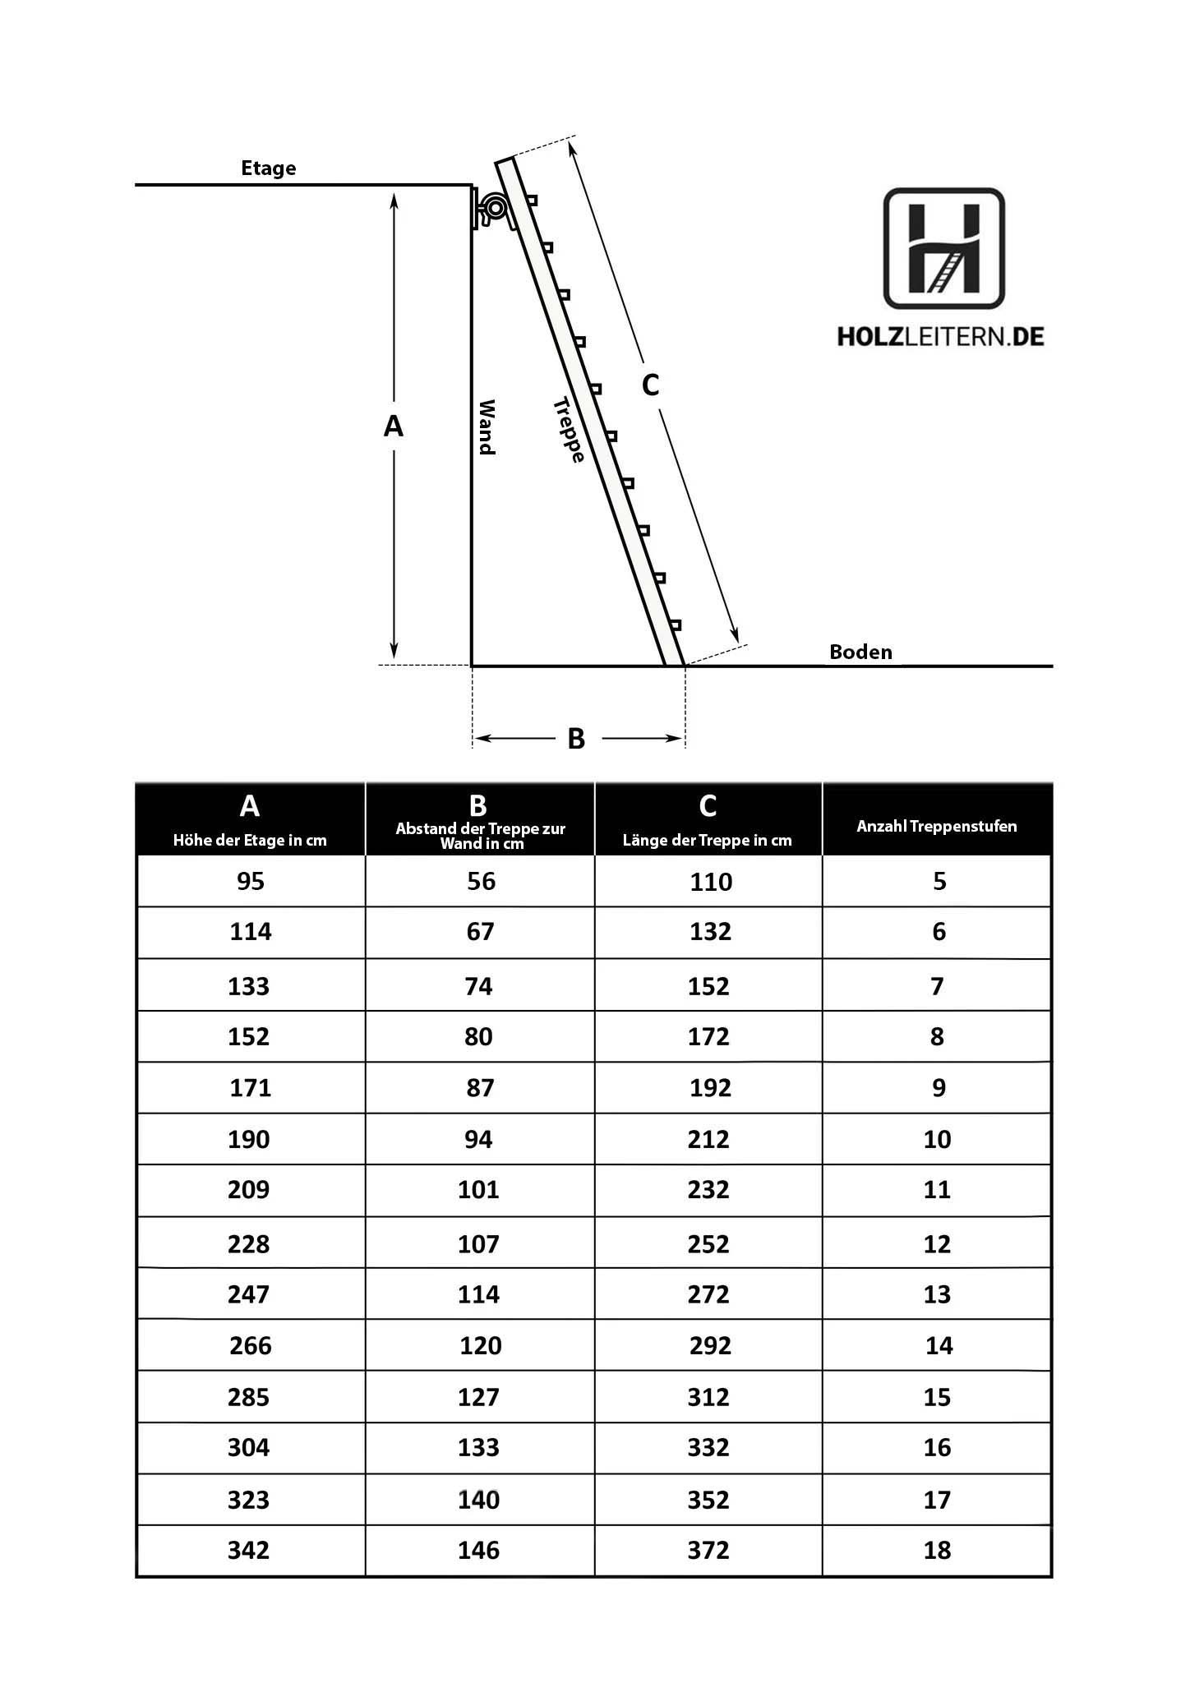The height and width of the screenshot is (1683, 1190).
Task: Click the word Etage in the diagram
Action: [x=268, y=168]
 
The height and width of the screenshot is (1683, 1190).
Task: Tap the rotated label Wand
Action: [x=487, y=427]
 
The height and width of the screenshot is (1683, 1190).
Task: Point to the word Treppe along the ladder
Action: [x=569, y=430]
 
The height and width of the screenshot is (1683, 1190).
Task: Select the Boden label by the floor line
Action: [x=860, y=652]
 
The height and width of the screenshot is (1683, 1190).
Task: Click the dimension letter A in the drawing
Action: [x=394, y=427]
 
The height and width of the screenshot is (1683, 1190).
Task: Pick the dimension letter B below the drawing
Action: [x=576, y=739]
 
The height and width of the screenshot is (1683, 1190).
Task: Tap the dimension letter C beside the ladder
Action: [x=650, y=385]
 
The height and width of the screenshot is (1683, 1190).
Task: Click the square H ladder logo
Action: [x=943, y=248]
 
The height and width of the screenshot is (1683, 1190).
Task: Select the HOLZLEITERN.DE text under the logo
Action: [x=941, y=336]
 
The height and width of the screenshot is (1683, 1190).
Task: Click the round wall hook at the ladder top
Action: [x=495, y=208]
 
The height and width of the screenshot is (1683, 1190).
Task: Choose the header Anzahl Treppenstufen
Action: [x=937, y=827]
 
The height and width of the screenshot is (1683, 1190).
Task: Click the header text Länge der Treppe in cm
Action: [x=708, y=841]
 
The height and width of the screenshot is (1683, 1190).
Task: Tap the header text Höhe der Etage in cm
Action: [x=250, y=841]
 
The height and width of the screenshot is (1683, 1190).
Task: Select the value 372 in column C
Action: [x=708, y=1551]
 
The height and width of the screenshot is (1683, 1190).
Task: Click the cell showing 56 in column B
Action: [x=481, y=882]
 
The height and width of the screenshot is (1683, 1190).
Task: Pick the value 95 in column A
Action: [x=251, y=882]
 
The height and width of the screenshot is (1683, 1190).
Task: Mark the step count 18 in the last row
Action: [x=937, y=1551]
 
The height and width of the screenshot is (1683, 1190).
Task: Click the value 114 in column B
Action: [x=478, y=1295]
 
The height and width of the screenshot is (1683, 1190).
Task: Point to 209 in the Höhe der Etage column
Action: [x=248, y=1190]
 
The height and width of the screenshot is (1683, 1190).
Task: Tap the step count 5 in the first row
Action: [x=939, y=882]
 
